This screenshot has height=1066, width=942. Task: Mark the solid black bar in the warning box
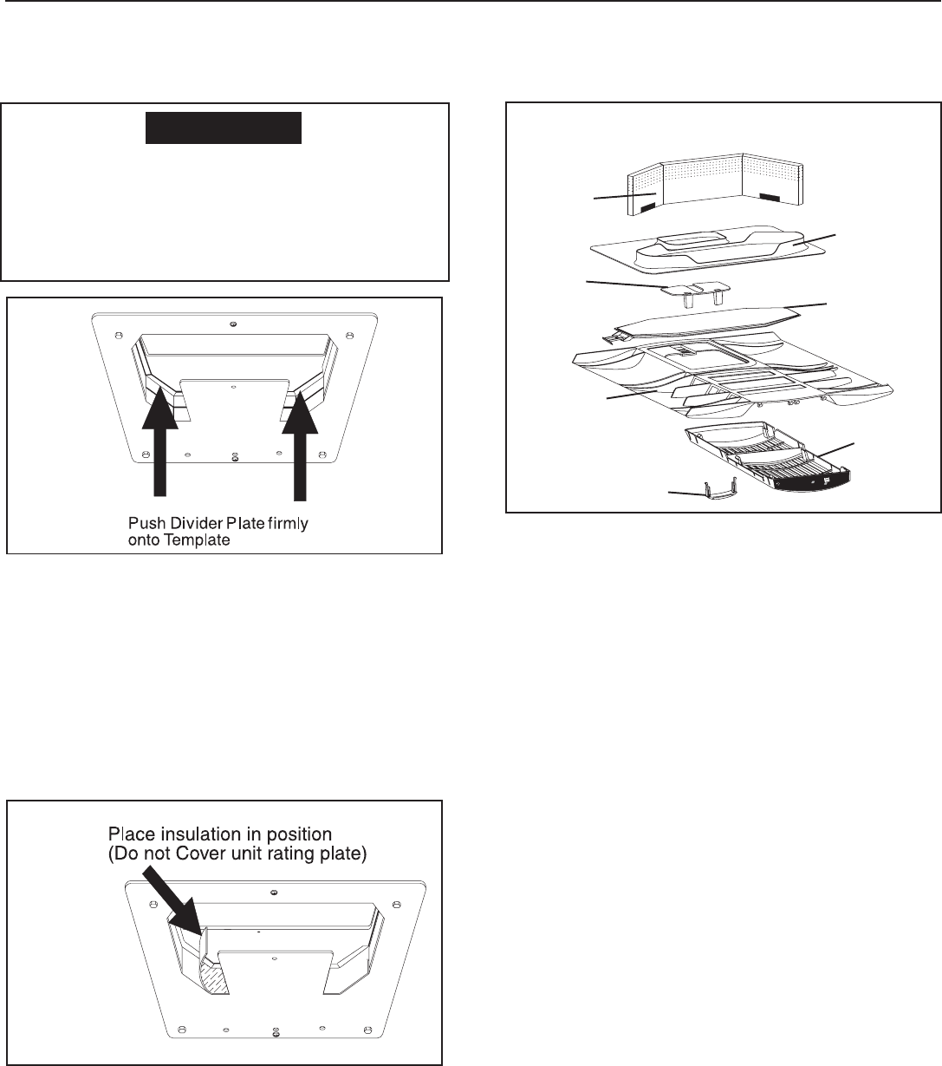pyautogui.click(x=223, y=127)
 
